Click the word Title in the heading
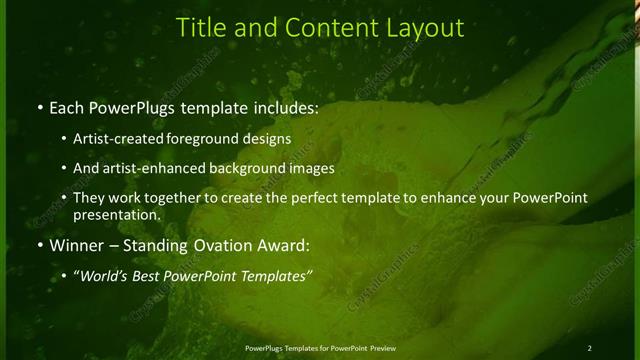(x=201, y=27)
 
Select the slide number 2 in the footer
(x=590, y=347)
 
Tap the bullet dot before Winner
(x=39, y=244)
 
